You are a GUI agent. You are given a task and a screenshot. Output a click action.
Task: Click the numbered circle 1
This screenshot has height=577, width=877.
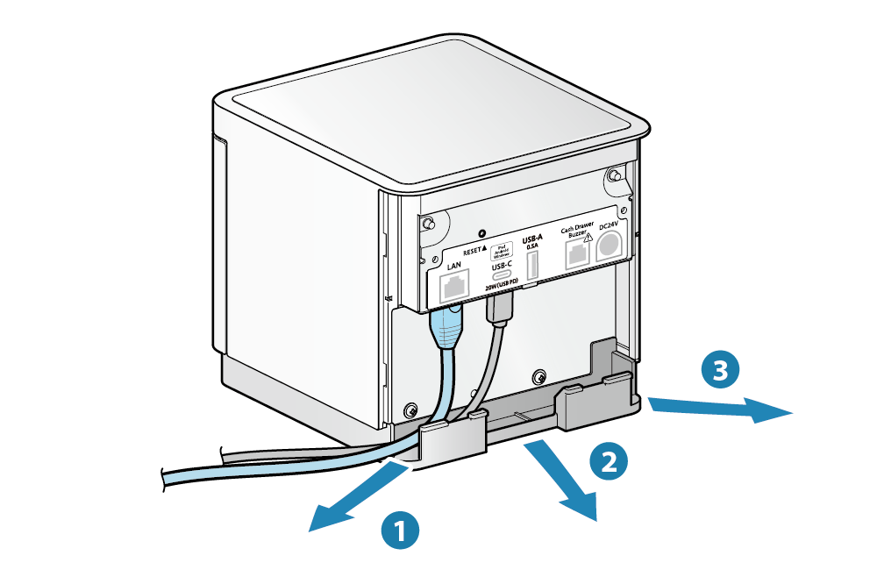click(x=399, y=530)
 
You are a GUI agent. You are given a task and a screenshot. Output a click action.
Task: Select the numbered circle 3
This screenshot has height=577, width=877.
click(x=720, y=371)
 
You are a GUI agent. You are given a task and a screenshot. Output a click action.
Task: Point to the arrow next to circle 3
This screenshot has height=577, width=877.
click(x=719, y=409)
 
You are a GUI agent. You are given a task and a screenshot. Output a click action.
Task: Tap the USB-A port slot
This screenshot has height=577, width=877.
click(x=532, y=266)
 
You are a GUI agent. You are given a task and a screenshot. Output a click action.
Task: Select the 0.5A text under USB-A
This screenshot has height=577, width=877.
click(x=531, y=247)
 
